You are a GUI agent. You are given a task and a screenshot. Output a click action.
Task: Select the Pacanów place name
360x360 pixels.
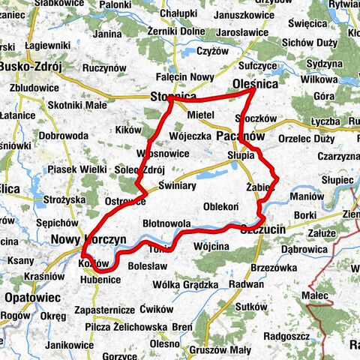pos(238,136)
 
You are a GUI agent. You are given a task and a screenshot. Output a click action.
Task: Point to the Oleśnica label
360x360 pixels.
pos(255,85)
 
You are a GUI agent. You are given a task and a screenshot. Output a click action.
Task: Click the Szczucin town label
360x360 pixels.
pos(263,231)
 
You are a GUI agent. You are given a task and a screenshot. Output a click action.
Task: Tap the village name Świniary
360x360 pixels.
pos(177,185)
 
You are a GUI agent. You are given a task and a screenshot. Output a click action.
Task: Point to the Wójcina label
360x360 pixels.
pos(211,246)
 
